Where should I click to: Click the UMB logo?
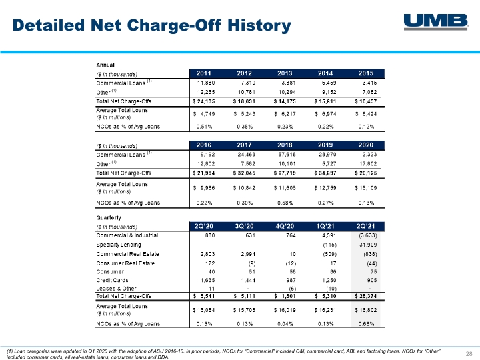point(436,22)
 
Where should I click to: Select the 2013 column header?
point(285,73)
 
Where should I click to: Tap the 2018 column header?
point(285,145)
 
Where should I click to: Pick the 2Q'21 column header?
point(365,226)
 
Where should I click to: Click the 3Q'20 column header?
point(244,226)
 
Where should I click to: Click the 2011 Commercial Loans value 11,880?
point(206,83)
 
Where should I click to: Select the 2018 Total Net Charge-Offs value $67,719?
point(285,173)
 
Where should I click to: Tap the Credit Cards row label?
point(112,280)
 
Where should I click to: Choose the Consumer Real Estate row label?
point(125,263)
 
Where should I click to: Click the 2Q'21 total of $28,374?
point(365,296)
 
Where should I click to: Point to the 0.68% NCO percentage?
point(366,324)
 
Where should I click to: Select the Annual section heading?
point(105,65)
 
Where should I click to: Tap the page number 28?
point(469,354)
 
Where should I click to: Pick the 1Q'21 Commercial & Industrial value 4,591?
point(329,235)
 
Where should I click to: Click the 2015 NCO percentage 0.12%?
point(366,127)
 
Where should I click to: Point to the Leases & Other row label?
point(116,289)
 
